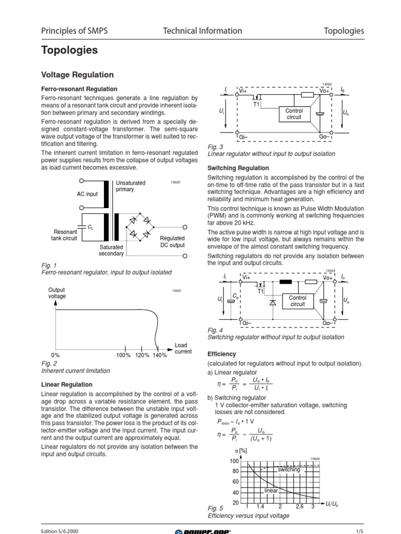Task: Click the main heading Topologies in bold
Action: point(69,51)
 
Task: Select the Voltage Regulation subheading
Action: point(77,75)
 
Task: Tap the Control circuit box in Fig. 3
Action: point(294,114)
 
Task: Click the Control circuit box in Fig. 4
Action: point(298,301)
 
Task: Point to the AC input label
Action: point(87,194)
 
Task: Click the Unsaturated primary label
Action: point(131,186)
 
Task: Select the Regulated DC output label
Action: point(172,241)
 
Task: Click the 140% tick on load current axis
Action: point(160,356)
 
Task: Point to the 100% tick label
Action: point(123,356)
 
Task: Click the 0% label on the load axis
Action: point(56,356)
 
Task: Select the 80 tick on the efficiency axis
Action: point(235,471)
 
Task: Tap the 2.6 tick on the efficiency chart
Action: point(299,507)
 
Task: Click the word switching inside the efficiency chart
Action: point(289,470)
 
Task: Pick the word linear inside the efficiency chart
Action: point(272,491)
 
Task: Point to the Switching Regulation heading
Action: point(238,168)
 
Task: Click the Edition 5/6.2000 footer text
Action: point(60,531)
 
